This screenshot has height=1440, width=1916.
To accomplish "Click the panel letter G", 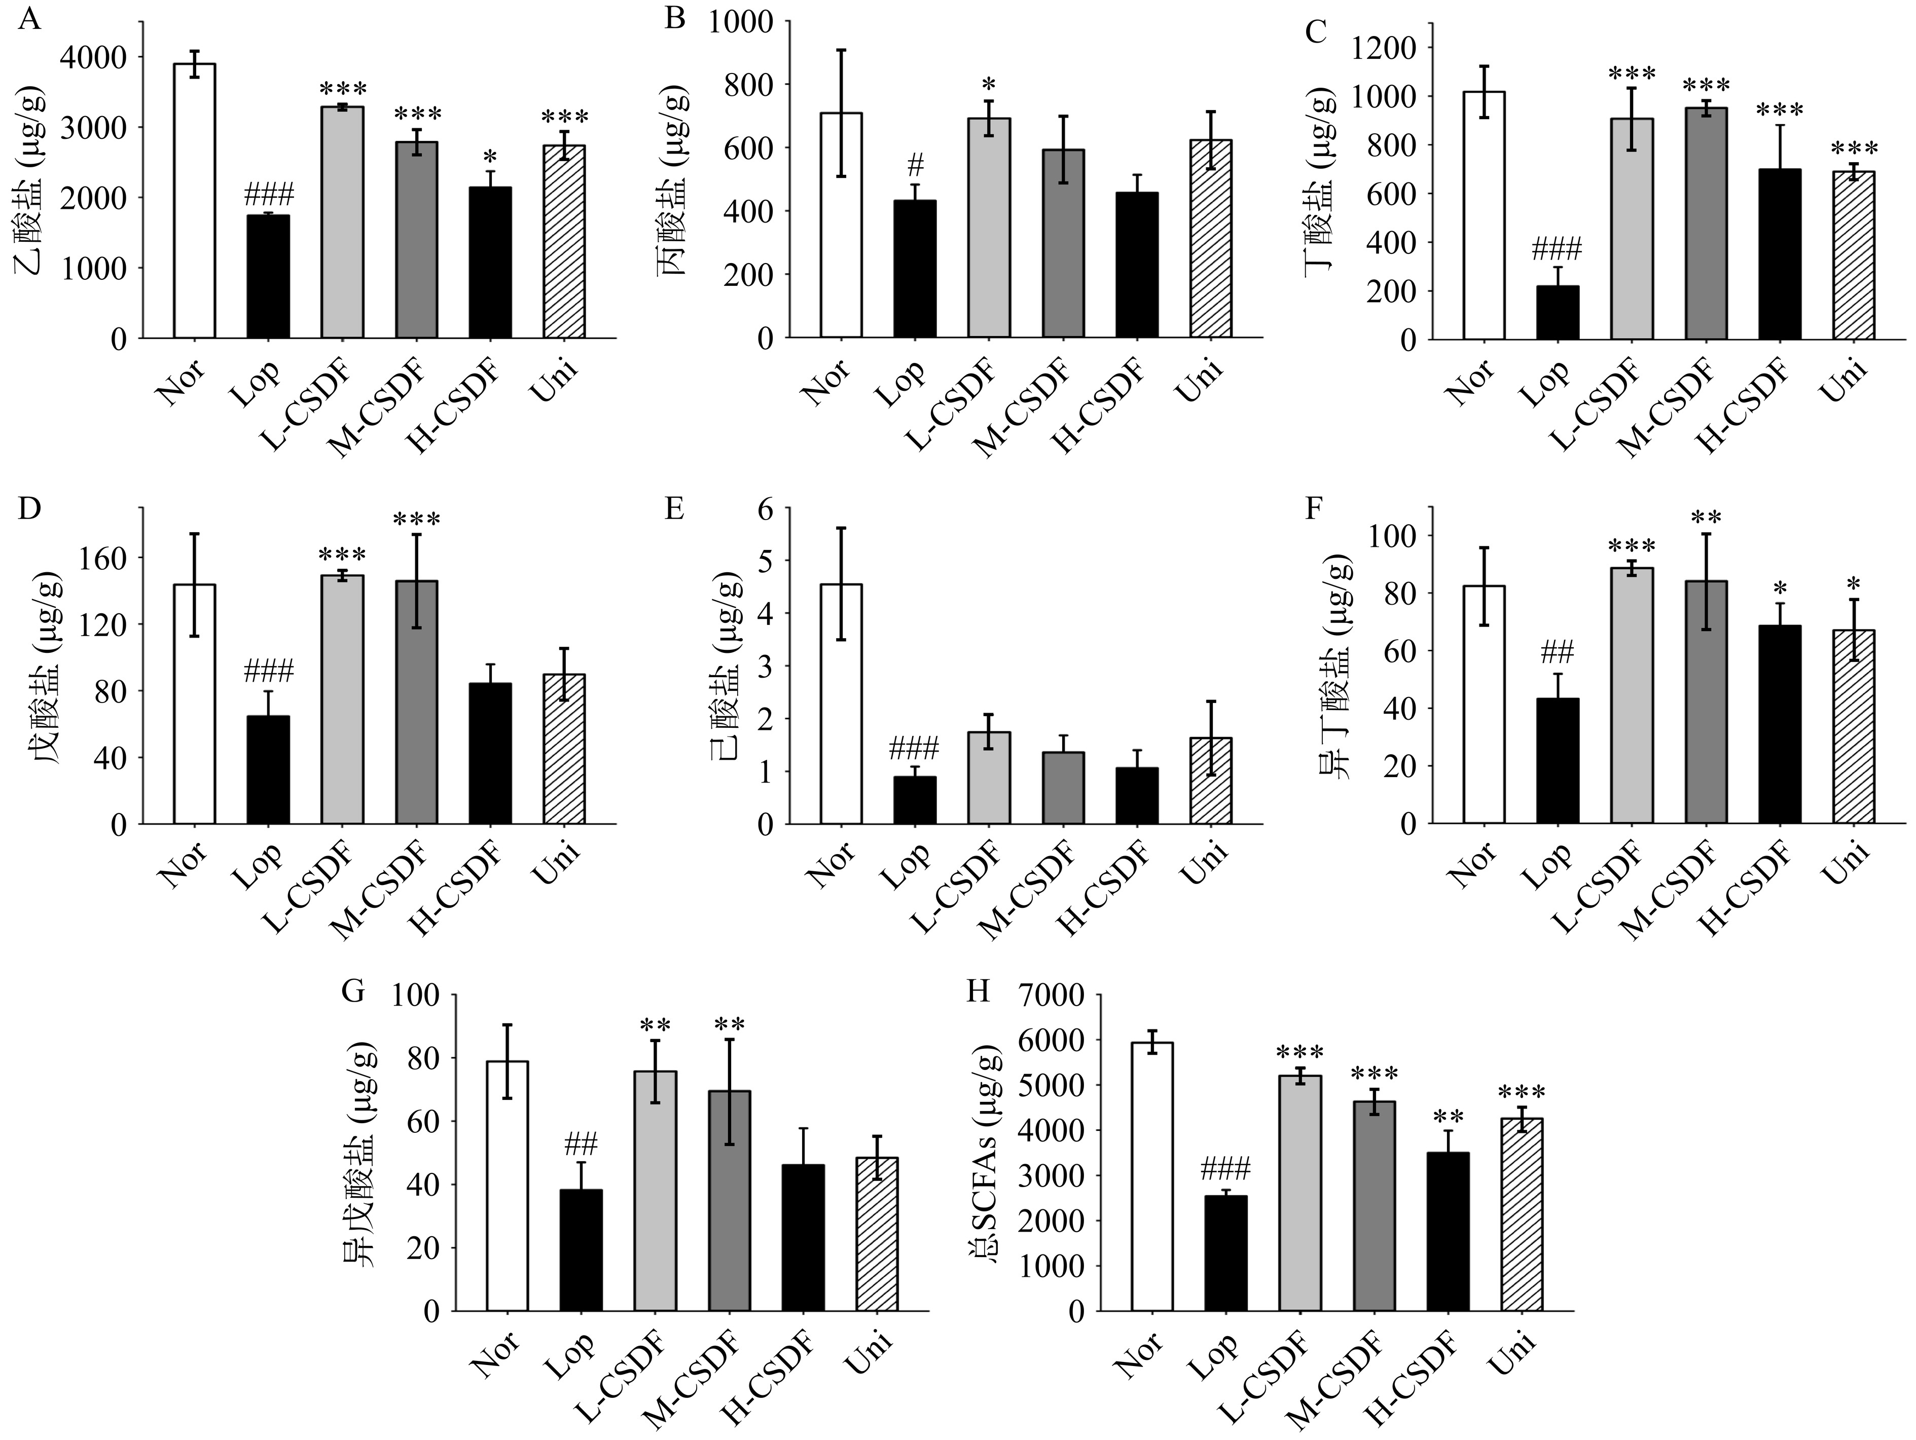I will coord(352,991).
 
